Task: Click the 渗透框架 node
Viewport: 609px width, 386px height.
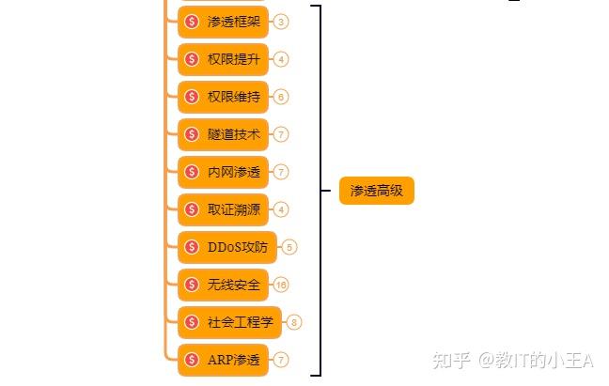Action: point(223,22)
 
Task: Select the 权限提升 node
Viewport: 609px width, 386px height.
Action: point(223,59)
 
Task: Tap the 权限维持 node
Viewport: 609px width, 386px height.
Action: point(223,97)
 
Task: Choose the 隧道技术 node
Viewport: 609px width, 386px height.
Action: point(223,134)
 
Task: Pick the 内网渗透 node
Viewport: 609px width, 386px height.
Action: point(223,172)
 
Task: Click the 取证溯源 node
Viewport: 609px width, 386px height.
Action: point(223,209)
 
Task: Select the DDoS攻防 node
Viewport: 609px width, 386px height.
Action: point(227,247)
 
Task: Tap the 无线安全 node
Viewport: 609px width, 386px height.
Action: point(223,285)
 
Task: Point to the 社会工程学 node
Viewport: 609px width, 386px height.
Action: point(230,322)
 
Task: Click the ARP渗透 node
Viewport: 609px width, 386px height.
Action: point(223,360)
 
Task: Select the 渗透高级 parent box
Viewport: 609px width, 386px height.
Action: point(376,191)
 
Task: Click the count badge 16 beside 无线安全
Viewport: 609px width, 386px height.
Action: point(281,285)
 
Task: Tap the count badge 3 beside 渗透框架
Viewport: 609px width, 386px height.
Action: point(281,22)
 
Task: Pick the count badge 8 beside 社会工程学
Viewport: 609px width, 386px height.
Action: point(295,322)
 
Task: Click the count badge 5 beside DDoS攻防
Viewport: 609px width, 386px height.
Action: point(289,247)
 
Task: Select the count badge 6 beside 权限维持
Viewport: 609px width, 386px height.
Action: point(281,97)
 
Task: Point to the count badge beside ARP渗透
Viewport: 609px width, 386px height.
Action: point(281,360)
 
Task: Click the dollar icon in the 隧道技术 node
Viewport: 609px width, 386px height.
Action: point(192,134)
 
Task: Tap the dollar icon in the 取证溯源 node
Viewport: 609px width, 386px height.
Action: point(192,209)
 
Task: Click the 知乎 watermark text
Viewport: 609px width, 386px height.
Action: point(449,361)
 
